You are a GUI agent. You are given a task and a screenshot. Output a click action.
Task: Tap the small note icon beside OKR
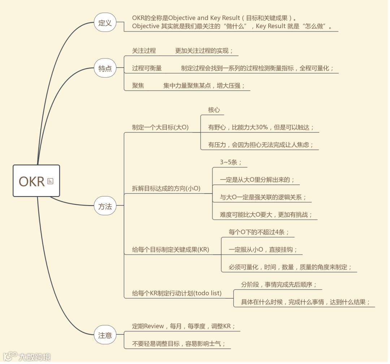tap(50, 181)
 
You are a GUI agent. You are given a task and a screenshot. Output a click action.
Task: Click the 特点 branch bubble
tap(105, 69)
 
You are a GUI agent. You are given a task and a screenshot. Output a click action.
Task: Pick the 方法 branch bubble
tap(105, 207)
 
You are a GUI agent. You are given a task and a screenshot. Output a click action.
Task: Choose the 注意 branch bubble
tap(105, 335)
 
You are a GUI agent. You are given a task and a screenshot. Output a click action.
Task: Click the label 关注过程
tap(144, 51)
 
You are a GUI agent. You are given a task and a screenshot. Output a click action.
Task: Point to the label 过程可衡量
tap(147, 68)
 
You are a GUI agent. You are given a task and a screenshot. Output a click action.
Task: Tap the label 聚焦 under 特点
tap(138, 86)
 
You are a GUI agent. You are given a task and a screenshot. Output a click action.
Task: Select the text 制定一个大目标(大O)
tap(160, 127)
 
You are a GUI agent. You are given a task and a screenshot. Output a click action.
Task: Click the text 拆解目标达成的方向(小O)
tap(166, 188)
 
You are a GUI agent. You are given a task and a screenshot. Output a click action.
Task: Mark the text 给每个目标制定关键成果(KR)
tap(170, 250)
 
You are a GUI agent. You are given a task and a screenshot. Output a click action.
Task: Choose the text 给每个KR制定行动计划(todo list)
tap(177, 293)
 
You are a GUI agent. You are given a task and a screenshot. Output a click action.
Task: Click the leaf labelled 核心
tap(214, 110)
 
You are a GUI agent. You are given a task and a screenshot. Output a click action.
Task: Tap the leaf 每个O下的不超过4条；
tap(259, 232)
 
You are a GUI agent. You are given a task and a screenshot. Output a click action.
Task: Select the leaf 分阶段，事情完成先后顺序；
tap(279, 285)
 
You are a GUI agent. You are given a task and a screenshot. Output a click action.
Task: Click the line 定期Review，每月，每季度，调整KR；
tap(184, 326)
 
